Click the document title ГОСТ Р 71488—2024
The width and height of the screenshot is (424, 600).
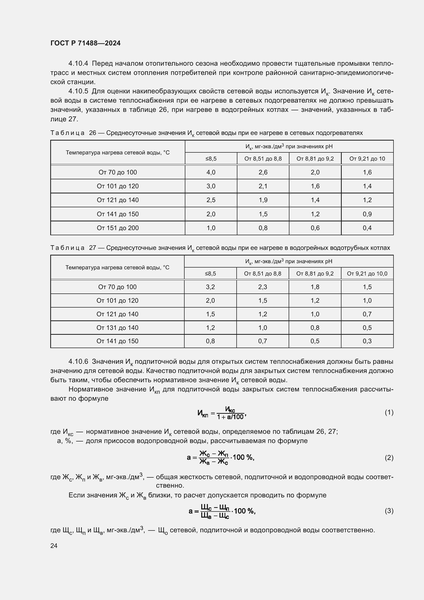point(85,43)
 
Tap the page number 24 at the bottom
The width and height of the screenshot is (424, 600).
point(54,546)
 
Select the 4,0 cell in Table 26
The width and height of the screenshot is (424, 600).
point(211,172)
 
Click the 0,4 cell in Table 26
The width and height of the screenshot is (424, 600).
point(367,228)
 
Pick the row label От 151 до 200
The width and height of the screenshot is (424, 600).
point(117,228)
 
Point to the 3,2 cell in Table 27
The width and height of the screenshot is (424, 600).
point(210,287)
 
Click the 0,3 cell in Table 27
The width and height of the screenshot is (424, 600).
point(367,341)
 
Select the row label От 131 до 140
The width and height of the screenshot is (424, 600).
point(117,328)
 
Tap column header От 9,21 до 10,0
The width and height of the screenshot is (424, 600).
point(367,274)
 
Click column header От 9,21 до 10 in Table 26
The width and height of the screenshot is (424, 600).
point(367,159)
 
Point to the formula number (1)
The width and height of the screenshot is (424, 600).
point(389,412)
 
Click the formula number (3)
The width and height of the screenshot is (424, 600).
point(389,511)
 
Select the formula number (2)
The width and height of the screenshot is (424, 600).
point(389,458)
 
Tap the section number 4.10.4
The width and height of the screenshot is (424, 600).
point(78,64)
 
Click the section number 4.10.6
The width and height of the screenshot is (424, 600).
point(78,361)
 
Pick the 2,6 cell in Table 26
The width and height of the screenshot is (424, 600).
point(263,172)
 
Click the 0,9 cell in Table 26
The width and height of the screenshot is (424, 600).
point(367,214)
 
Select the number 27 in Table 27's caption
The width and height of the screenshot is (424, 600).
point(93,248)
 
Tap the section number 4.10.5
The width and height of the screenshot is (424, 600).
point(78,91)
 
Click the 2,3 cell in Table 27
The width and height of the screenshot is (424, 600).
point(263,287)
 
